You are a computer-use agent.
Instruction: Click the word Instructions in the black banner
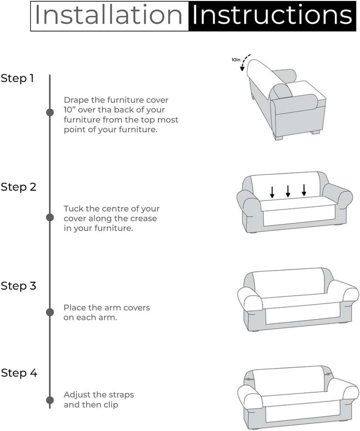[x=272, y=16]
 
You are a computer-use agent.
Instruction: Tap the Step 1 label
[x=17, y=78]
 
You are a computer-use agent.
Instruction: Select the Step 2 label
[x=18, y=187]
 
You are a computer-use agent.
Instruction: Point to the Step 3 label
[x=18, y=286]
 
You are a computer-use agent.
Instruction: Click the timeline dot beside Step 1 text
[x=50, y=112]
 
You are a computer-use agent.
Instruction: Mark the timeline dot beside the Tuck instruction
[x=50, y=218]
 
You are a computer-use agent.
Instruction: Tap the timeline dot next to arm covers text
[x=50, y=312]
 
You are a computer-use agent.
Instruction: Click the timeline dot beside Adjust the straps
[x=50, y=400]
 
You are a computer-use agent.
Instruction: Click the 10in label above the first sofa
[x=236, y=59]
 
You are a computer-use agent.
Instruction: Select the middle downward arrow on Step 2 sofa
[x=288, y=191]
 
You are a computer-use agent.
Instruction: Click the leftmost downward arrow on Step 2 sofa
[x=272, y=192]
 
